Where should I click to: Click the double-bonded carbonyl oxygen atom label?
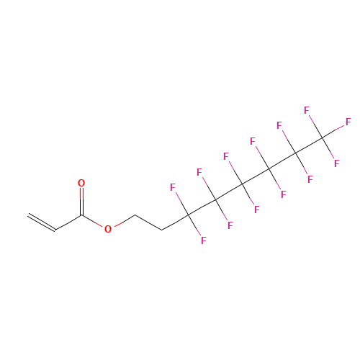pos(81,183)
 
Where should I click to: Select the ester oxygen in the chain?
pos(108,229)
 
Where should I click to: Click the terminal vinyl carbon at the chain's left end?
pos(28,215)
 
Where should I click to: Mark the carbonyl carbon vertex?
pos(81,215)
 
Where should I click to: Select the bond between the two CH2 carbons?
pos(148,222)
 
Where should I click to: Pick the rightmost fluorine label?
pos(348,122)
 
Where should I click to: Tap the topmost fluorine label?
pos(307,110)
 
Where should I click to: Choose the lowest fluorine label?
pos(204,240)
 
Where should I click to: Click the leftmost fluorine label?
pos(173,187)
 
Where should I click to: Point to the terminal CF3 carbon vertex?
pos(323,138)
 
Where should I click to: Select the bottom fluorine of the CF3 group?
pos(337,163)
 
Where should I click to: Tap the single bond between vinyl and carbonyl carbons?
pos(68,222)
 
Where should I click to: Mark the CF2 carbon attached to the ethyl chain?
pos(189,215)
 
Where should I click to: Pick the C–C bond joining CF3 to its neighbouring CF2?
pos(309,145)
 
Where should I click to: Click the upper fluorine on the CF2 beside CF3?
pos(279,125)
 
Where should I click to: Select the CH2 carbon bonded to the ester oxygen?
pos(135,215)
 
